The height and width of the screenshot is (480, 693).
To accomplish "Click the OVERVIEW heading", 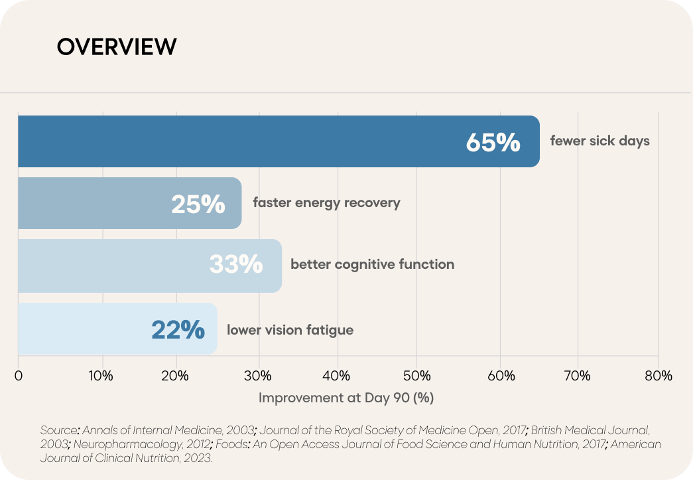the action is click(x=117, y=46).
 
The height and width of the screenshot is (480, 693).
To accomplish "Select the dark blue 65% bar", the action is click(x=279, y=141).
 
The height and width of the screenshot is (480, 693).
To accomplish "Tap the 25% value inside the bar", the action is click(x=198, y=204).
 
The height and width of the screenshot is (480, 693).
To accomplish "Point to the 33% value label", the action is click(x=236, y=264).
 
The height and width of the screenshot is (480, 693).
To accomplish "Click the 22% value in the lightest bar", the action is click(x=178, y=329).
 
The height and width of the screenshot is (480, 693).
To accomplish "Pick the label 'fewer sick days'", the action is click(x=599, y=141).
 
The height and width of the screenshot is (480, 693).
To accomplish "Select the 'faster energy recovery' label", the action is click(x=327, y=202).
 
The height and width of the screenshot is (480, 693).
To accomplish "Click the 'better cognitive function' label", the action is click(x=373, y=264).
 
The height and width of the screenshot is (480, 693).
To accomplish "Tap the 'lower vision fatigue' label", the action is click(x=290, y=330).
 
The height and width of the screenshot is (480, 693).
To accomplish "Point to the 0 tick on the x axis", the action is click(x=18, y=376).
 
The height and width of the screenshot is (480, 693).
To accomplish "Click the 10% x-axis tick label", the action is click(x=101, y=376).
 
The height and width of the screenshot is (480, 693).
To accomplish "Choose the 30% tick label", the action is click(x=258, y=376).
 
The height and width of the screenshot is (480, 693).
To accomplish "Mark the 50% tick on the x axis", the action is click(x=416, y=376).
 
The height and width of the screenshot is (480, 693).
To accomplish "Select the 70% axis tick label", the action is click(x=578, y=376).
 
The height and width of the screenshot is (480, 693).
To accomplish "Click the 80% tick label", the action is click(x=659, y=376).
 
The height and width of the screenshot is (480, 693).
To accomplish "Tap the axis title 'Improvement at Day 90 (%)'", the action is click(x=346, y=398).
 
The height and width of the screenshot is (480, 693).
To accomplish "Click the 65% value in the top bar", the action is click(x=493, y=143).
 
